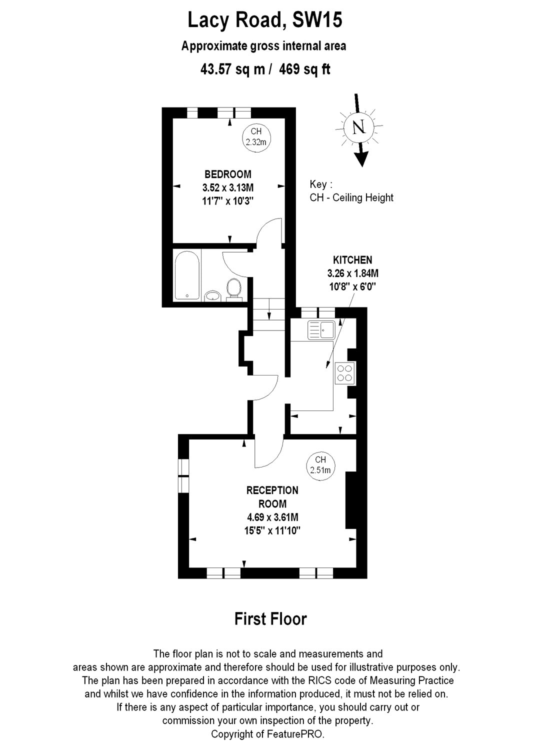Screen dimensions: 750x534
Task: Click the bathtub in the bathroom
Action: click(x=187, y=276)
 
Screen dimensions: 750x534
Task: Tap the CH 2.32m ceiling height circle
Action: click(x=256, y=136)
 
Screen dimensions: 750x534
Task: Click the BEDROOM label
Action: click(x=228, y=174)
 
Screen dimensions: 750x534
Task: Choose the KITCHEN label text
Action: click(x=352, y=260)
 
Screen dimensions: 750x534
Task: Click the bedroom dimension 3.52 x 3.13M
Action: click(x=228, y=188)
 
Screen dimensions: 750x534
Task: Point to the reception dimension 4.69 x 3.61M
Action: click(x=272, y=517)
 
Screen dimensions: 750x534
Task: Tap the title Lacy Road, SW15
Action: click(x=265, y=20)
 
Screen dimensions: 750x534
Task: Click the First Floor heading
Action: click(x=270, y=619)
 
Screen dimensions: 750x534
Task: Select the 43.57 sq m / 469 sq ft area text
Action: click(x=265, y=69)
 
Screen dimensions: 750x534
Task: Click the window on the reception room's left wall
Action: click(x=183, y=475)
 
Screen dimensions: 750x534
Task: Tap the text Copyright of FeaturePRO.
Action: click(x=267, y=734)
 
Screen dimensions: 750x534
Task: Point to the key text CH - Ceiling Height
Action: click(x=351, y=197)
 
